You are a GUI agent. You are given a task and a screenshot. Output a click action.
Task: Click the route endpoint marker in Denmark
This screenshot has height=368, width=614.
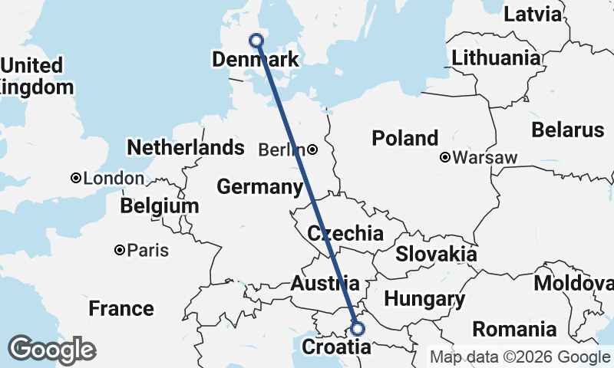[257, 41]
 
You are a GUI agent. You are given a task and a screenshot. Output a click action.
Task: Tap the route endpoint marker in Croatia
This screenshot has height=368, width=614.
[357, 329]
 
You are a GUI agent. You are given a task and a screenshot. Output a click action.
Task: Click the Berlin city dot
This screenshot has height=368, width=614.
[313, 149]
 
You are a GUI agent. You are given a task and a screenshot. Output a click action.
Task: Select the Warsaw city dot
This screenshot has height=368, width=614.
[445, 158]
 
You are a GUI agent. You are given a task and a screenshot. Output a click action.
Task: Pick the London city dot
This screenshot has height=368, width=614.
[76, 178]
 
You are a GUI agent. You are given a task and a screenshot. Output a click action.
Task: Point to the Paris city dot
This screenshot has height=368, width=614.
[120, 250]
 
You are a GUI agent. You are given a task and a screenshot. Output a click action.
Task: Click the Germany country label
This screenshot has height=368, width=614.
[259, 186]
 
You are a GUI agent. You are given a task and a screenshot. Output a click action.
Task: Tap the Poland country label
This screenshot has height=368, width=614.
[404, 139]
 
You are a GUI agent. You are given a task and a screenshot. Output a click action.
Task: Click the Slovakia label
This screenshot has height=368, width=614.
[436, 255]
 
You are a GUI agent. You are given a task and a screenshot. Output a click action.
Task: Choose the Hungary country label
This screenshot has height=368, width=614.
[424, 299]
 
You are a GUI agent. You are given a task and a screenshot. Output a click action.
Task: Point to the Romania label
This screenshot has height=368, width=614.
[513, 330]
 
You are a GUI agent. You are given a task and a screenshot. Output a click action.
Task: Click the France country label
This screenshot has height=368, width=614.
[120, 309]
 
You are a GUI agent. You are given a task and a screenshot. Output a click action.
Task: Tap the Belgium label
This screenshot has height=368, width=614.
[159, 206]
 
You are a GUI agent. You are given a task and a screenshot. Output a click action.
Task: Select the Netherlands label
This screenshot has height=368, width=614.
[186, 147]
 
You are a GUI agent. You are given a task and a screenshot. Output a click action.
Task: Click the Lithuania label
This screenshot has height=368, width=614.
[496, 58]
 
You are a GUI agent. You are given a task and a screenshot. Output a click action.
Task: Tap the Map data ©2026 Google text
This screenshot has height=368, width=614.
[519, 356]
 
